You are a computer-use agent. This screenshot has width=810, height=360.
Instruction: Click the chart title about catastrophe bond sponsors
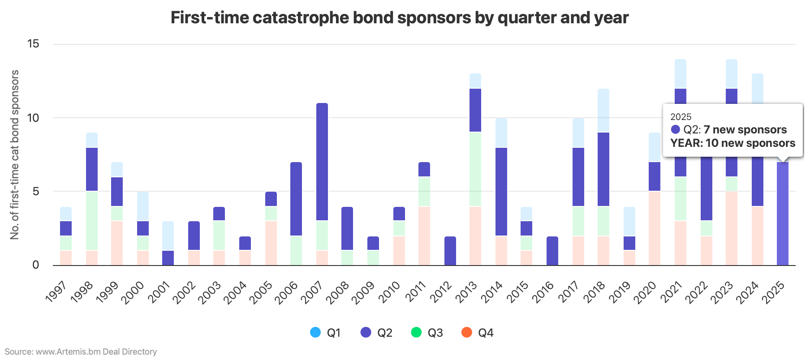coord(400,18)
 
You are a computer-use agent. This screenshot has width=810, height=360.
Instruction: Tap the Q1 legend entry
coord(326,333)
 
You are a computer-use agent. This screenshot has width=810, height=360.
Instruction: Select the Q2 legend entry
coord(377,333)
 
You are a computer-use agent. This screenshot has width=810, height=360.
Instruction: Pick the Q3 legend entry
coord(427,333)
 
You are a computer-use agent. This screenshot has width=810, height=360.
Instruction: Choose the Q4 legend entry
coord(478,333)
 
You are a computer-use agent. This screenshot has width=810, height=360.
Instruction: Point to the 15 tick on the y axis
coord(33,44)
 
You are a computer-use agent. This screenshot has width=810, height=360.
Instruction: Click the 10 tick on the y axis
coord(33,118)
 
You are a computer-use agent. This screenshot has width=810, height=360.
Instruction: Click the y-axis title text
coord(15,154)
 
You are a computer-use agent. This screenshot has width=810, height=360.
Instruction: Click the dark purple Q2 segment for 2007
coord(322,162)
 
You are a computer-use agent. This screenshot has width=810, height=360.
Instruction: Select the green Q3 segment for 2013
coord(475,169)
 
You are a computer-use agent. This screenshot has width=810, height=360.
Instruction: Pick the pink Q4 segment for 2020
coord(655,228)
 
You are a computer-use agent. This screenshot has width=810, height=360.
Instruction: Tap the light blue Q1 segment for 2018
coord(603,111)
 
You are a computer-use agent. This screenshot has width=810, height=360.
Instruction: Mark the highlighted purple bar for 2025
coord(783,214)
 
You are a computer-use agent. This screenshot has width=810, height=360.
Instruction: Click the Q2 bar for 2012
coord(450,251)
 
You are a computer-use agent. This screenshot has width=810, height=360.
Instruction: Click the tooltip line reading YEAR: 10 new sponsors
coord(732,143)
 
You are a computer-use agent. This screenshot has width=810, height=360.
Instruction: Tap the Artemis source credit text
coord(81,352)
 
